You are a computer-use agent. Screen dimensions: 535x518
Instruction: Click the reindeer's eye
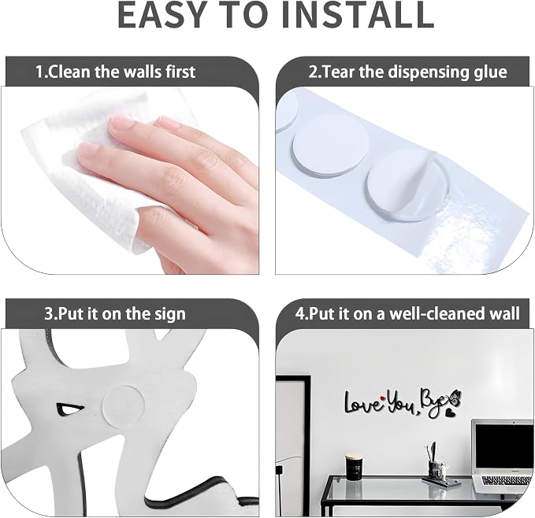coord(69,409)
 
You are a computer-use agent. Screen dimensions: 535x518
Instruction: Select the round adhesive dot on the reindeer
coord(123,405)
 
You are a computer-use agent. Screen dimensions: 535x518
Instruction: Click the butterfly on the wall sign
coord(455,398)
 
